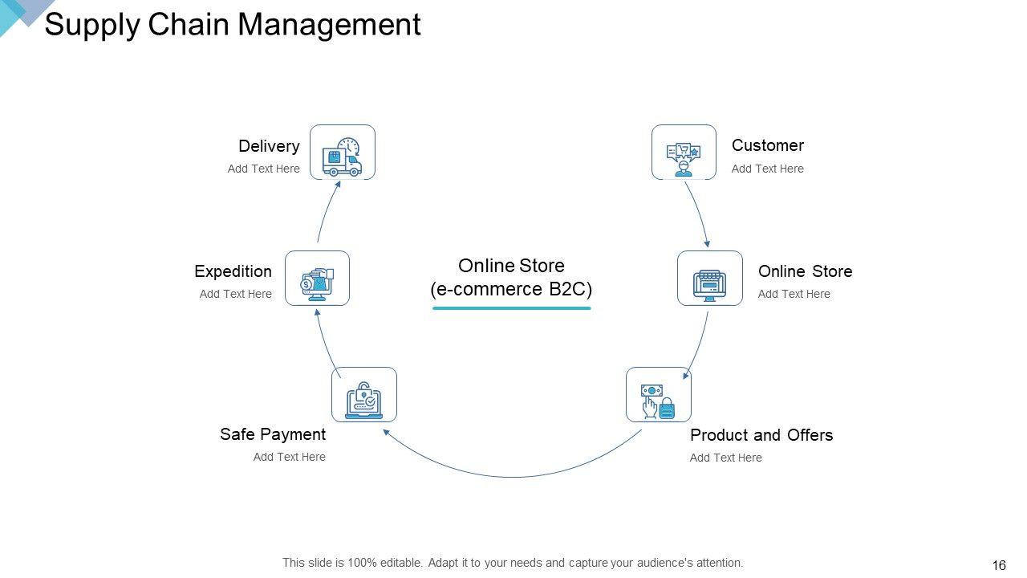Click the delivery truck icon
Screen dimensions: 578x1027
(x=342, y=153)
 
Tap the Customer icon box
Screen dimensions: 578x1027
(x=684, y=153)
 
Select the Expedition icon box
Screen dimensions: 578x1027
(x=317, y=279)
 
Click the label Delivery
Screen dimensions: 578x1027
(x=269, y=146)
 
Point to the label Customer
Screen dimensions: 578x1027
(x=767, y=145)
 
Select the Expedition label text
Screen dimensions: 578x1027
(x=233, y=271)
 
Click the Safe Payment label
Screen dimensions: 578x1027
(x=273, y=434)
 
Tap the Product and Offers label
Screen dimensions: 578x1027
(x=761, y=435)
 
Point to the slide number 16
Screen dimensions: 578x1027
(x=999, y=565)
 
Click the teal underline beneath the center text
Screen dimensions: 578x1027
(x=512, y=307)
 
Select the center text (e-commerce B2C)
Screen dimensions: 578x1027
(x=511, y=289)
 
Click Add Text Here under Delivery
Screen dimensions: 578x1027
(x=263, y=169)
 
